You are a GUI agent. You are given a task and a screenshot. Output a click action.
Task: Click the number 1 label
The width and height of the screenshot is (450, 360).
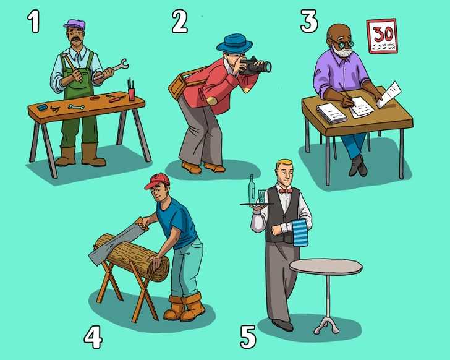click(34, 22)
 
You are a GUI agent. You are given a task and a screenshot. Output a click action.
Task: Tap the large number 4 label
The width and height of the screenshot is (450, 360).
click(93, 337)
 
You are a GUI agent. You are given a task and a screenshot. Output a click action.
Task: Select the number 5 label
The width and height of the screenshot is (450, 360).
click(248, 336)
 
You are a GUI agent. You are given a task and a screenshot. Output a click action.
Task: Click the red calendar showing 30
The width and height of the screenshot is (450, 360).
click(382, 36)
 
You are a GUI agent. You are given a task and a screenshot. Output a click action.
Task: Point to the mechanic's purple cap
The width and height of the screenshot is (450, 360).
click(75, 24)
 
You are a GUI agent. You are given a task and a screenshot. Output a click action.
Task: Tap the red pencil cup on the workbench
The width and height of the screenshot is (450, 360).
click(132, 94)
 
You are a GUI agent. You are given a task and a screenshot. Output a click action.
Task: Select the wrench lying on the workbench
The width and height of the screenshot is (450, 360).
click(77, 107)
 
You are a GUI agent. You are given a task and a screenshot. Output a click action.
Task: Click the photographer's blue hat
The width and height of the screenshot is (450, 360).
click(234, 43)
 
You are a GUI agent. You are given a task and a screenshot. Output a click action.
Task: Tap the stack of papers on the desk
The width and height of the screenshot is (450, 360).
click(332, 113)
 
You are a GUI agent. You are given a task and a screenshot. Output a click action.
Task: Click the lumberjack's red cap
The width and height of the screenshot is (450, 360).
click(157, 181)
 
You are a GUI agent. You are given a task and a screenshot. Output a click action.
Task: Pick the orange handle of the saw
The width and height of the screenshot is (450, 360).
click(142, 224)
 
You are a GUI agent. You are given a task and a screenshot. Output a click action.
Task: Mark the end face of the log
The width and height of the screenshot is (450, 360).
click(158, 268)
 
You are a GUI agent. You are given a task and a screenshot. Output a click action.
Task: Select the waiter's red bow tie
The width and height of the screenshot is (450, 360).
click(286, 191)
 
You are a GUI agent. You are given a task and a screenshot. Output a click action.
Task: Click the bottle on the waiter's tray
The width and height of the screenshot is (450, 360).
click(252, 189)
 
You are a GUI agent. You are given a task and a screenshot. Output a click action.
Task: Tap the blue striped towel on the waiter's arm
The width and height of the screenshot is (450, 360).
click(300, 233)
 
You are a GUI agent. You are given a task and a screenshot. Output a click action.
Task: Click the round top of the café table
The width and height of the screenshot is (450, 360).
click(326, 267)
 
